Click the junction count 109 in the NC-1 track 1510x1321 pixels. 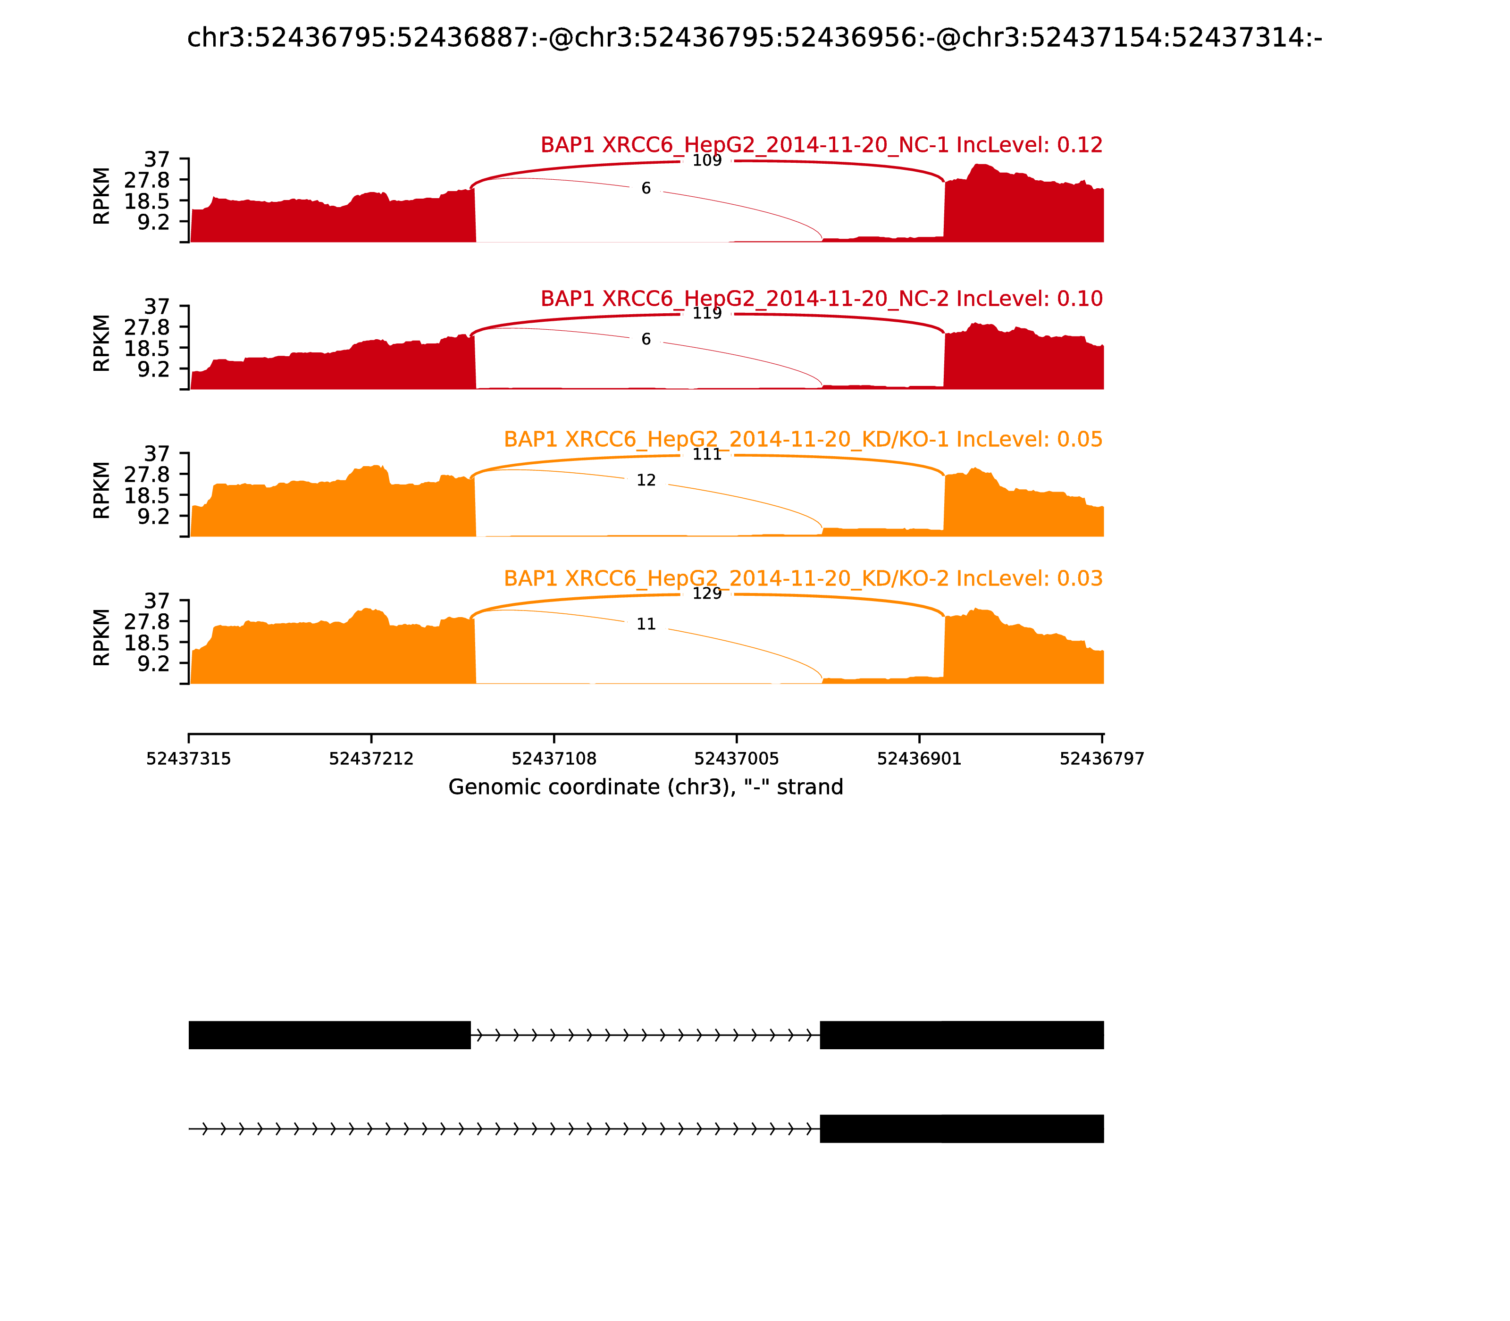[706, 161]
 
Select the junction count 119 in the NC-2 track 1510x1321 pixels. [706, 313]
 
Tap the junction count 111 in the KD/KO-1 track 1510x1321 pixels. [706, 454]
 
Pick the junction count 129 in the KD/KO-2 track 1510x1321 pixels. [706, 594]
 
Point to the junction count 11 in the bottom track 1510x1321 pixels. [646, 624]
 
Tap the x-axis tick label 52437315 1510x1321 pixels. [189, 759]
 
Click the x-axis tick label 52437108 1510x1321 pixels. [554, 759]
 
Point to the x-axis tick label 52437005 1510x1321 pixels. [737, 759]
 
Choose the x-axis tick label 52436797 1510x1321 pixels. [1101, 759]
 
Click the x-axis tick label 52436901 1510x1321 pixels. [919, 759]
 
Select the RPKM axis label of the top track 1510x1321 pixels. [102, 196]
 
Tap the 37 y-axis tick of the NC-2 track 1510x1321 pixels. [156, 307]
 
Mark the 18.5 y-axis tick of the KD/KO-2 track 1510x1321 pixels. [147, 642]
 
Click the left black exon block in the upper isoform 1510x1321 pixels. [329, 1035]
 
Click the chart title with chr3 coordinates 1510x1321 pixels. [754, 38]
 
